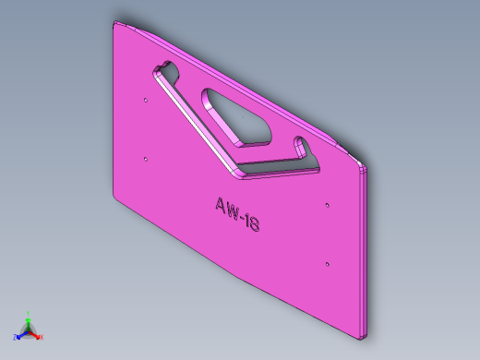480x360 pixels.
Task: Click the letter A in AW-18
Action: point(221,205)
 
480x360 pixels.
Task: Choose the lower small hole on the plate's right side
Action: point(328,264)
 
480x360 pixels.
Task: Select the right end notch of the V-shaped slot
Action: point(302,146)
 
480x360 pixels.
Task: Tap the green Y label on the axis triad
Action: point(29,313)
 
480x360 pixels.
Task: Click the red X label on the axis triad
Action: point(42,337)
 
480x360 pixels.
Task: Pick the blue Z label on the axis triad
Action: point(16,338)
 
